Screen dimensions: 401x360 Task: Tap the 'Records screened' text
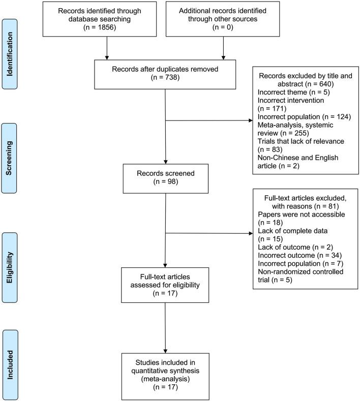pos(165,174)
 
